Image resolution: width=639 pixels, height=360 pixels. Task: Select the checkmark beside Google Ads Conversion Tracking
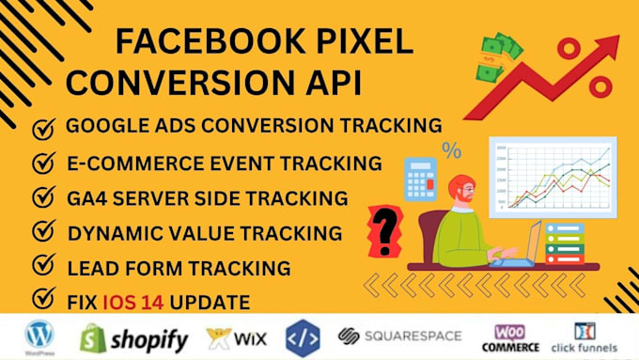click(43, 126)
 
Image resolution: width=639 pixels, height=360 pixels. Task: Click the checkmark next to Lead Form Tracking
click(43, 268)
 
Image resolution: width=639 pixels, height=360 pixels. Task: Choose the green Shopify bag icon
click(92, 337)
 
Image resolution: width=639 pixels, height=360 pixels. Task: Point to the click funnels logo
click(589, 337)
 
